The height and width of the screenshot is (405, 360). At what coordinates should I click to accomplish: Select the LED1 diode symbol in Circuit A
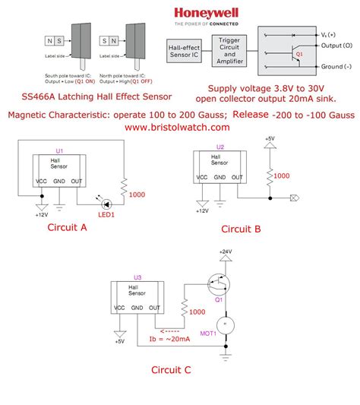pos(108,203)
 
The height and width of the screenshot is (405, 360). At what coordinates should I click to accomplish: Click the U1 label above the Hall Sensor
pos(61,150)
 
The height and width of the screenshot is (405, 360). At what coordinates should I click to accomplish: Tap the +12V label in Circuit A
pos(41,215)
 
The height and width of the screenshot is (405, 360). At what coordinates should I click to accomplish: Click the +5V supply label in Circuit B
pos(270,139)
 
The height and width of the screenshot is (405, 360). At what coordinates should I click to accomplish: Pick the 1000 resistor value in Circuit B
pos(281,176)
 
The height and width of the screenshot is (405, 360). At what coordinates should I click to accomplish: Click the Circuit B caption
pos(241,229)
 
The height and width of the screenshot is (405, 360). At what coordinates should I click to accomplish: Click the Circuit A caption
pos(68,226)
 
